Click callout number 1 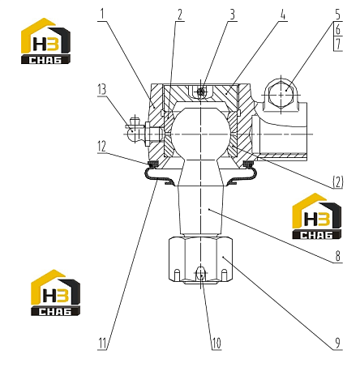click(x=101, y=15)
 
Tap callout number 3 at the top click(x=232, y=15)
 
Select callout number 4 click(x=282, y=15)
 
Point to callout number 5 click(x=338, y=15)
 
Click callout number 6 click(x=338, y=29)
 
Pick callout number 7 click(x=338, y=44)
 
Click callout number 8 click(x=338, y=256)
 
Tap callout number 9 click(x=338, y=344)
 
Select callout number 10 click(x=216, y=344)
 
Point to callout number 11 click(x=102, y=344)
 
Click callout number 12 click(x=101, y=147)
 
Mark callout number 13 click(x=102, y=89)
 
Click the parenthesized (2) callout click(x=338, y=182)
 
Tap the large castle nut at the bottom click(x=200, y=260)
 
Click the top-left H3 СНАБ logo click(x=46, y=41)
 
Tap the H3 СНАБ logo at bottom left click(x=55, y=292)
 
